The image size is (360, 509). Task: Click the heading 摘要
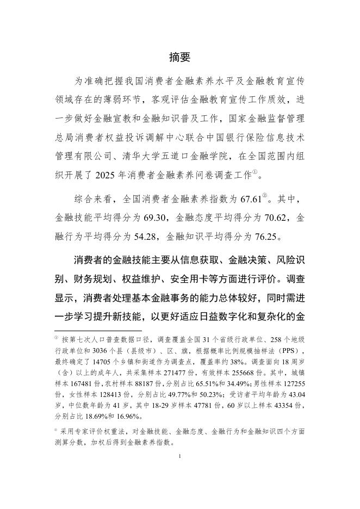coord(179,57)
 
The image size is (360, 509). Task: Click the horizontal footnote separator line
coord(98,330)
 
